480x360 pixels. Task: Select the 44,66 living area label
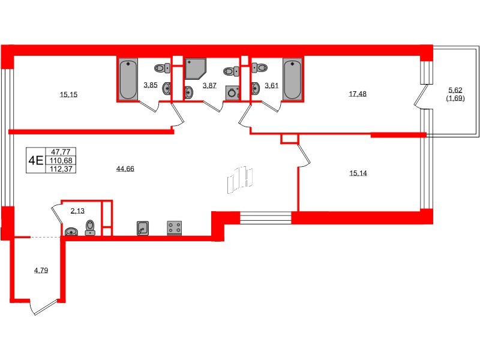pyautogui.click(x=125, y=169)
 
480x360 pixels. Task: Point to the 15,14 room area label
pyautogui.click(x=358, y=173)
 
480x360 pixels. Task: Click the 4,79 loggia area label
pyautogui.click(x=41, y=271)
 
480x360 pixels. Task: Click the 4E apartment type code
pyautogui.click(x=35, y=160)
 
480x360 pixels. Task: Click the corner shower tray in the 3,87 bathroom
pyautogui.click(x=196, y=69)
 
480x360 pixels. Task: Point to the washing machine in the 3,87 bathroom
pyautogui.click(x=232, y=93)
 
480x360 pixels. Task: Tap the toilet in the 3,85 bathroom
pyautogui.click(x=161, y=68)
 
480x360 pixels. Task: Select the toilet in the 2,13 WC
pyautogui.click(x=90, y=227)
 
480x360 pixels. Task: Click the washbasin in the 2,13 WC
pyautogui.click(x=71, y=232)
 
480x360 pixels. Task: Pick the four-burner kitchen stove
pyautogui.click(x=175, y=228)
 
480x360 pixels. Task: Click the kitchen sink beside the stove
pyautogui.click(x=142, y=228)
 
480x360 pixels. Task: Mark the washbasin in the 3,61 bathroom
pyautogui.click(x=256, y=87)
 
